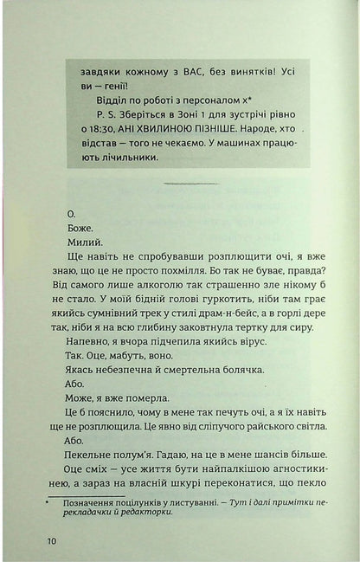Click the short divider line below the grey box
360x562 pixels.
(x=191, y=184)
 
